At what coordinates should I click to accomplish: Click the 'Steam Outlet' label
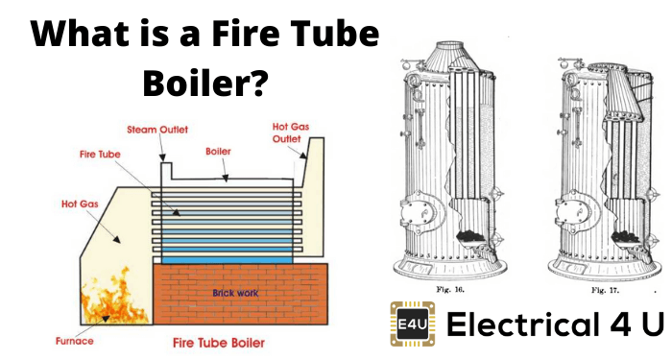(x=157, y=130)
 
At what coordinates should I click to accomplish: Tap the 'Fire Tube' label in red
(x=100, y=155)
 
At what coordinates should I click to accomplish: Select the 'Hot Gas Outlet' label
(x=291, y=132)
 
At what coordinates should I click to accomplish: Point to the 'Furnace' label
(x=75, y=341)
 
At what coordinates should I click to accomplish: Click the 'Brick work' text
(x=235, y=293)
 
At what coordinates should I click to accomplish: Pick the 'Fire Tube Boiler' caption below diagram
(x=219, y=343)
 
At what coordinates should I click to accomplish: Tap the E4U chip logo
(x=412, y=324)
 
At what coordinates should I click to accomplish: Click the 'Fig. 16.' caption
(x=450, y=290)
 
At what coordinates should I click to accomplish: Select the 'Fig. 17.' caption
(x=605, y=290)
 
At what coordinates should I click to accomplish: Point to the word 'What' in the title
(x=80, y=33)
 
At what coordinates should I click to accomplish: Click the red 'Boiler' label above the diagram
(x=218, y=152)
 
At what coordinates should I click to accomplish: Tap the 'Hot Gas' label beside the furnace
(x=80, y=204)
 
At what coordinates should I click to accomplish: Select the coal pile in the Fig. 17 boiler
(x=624, y=237)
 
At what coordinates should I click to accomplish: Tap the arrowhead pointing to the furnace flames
(x=105, y=319)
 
